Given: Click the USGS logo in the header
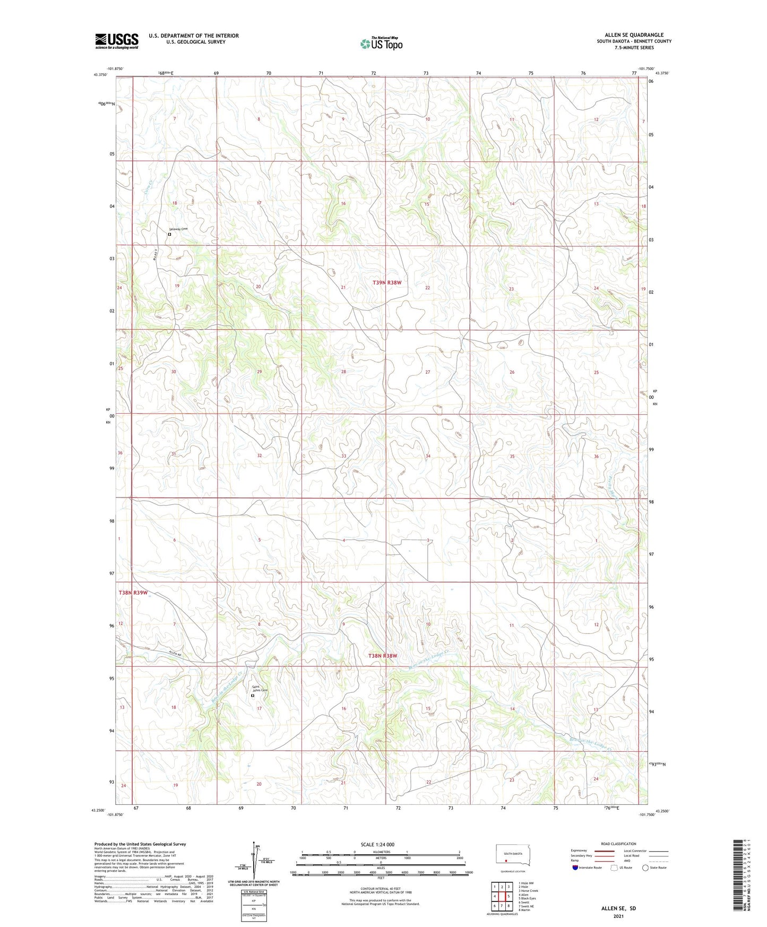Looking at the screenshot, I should (117, 41).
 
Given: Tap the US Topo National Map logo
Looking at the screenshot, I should (381, 43).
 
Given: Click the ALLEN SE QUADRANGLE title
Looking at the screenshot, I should (634, 35).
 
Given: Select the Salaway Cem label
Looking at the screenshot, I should (178, 229).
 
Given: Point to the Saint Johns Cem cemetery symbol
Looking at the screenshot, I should (253, 696).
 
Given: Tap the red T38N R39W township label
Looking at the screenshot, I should (133, 592).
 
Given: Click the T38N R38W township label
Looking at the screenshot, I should (383, 656).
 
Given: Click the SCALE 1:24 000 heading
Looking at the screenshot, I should (377, 844).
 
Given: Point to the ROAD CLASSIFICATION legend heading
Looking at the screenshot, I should (618, 844).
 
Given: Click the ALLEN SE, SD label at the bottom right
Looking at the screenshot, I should (618, 908).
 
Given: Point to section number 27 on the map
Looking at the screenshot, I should (427, 372).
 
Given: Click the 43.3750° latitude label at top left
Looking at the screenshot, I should (100, 75).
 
